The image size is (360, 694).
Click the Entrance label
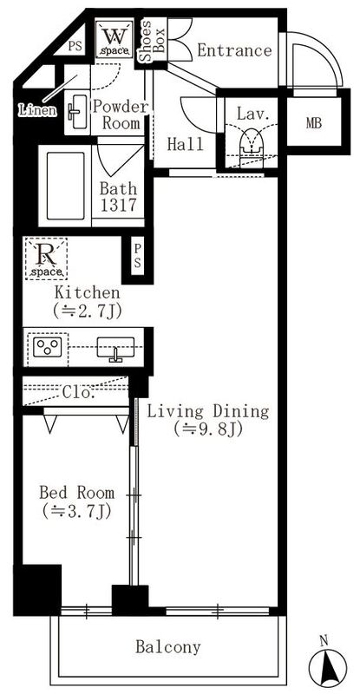(234, 51)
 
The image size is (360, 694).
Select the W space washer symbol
(113, 39)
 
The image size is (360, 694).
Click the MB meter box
(312, 122)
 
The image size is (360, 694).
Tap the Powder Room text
(121, 115)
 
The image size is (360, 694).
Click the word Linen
(37, 110)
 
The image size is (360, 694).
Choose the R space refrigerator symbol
(44, 257)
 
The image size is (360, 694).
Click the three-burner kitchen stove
(48, 350)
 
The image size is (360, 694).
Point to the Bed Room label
(75, 493)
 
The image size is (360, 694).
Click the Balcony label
(168, 646)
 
